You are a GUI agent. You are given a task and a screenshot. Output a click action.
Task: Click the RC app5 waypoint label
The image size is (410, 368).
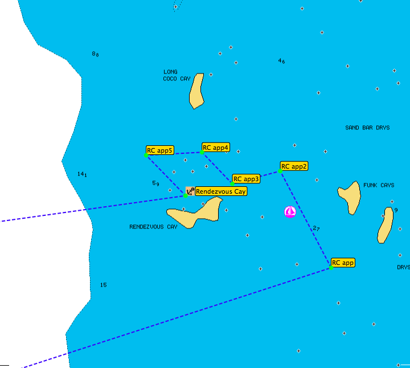pyautogui.click(x=159, y=151)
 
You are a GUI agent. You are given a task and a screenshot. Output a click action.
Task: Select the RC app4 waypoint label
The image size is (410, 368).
pyautogui.click(x=216, y=148)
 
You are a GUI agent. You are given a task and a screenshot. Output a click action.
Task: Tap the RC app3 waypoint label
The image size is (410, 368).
pyautogui.click(x=246, y=179)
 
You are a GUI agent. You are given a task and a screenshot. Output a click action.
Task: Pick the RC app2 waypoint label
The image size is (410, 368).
pyautogui.click(x=294, y=166)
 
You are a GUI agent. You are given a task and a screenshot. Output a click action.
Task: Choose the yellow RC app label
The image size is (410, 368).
pyautogui.click(x=343, y=263)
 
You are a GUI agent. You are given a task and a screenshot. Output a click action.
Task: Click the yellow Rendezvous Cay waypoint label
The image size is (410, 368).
pyautogui.click(x=221, y=191)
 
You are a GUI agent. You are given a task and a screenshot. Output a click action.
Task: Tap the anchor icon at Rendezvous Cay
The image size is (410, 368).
pyautogui.click(x=190, y=191)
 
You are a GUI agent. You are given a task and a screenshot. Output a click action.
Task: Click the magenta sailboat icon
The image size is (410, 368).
pyautogui.click(x=290, y=212)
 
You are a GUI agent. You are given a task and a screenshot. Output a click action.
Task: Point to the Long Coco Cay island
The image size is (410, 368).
pyautogui.click(x=196, y=91)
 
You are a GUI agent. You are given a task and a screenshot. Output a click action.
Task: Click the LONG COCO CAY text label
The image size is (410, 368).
pyautogui.click(x=177, y=75)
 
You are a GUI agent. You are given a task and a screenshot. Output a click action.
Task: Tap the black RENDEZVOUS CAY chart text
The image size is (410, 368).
pyautogui.click(x=153, y=227)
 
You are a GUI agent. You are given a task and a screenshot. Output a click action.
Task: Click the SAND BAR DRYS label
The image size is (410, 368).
pyautogui.click(x=367, y=128)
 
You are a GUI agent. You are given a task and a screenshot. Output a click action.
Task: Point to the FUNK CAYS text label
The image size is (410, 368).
pyautogui.click(x=379, y=185)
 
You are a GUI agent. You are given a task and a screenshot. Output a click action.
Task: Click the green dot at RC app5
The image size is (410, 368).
pyautogui.click(x=146, y=154)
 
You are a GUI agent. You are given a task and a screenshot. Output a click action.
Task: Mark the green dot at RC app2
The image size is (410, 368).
pyautogui.click(x=280, y=170)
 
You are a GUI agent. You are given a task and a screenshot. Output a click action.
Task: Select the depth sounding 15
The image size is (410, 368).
pyautogui.click(x=103, y=285)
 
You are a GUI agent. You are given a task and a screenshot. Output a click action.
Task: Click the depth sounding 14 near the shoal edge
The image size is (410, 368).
pyautogui.click(x=82, y=174)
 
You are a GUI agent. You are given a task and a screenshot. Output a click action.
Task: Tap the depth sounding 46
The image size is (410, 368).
pyautogui.click(x=281, y=61)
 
